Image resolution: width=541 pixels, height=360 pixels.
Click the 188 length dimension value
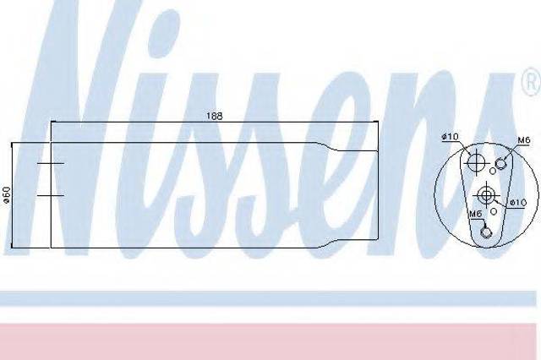pyautogui.click(x=214, y=116)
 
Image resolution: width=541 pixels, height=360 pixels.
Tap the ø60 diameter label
pyautogui.click(x=7, y=195)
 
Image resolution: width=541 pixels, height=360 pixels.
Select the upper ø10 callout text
pyautogui.click(x=451, y=137)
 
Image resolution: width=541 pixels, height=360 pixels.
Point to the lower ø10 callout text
pyautogui.click(x=518, y=203)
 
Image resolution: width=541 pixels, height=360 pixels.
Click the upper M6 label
pyautogui.click(x=523, y=140)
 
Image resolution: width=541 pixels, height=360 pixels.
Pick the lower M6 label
pyautogui.click(x=475, y=214)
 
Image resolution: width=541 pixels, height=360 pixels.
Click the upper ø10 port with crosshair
pyautogui.click(x=475, y=162)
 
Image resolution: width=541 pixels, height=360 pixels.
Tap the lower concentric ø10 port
pyautogui.click(x=486, y=195)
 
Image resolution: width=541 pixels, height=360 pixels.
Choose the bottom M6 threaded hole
pyautogui.click(x=485, y=232)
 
